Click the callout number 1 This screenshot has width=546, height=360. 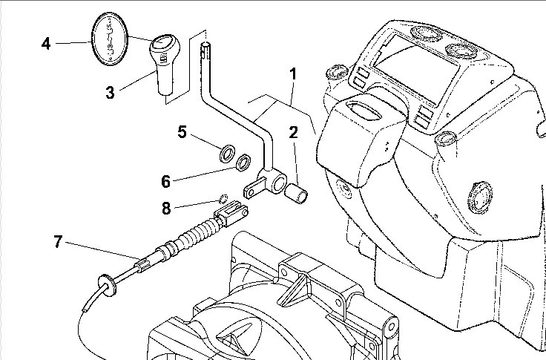pos(293,74)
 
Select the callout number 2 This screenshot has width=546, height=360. pos(293,134)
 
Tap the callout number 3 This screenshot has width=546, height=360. pos(110,93)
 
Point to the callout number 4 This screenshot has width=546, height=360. pos(46,44)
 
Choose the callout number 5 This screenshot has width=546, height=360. pos(182,132)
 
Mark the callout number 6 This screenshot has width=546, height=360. pos(166,180)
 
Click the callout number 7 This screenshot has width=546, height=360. pos(59,241)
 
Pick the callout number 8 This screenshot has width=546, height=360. pos(166,209)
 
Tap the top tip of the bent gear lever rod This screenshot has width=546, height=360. pos(205,48)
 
